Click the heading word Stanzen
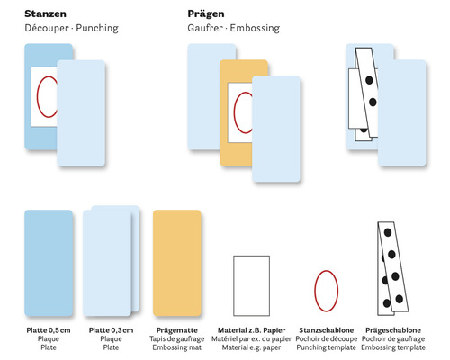pos(45,13)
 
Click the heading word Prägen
pos(206,14)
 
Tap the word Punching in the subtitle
pos(97,28)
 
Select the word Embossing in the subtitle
pos(255,28)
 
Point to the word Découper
pos(47,28)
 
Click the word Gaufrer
pos(205,28)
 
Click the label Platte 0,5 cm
pos(49,330)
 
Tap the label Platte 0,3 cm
pos(111,330)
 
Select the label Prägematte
pos(177,330)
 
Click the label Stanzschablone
pos(327,330)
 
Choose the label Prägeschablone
pos(393,330)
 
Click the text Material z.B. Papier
pos(251,330)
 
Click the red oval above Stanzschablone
pos(315,291)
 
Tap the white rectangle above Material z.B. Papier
pos(251,285)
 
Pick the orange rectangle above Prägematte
pos(177,263)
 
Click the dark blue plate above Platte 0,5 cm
pos(49,263)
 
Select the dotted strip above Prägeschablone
pos(392,268)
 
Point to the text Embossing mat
pos(177,347)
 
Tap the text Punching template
pos(327,347)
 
